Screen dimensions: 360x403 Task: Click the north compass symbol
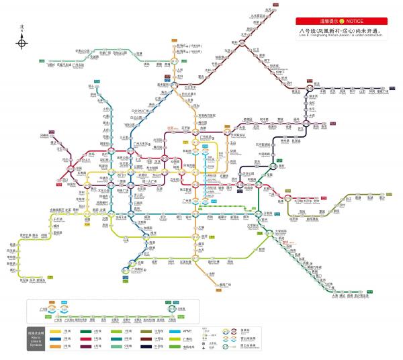[x=22, y=43]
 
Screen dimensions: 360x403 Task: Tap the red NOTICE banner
[x=343, y=21]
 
